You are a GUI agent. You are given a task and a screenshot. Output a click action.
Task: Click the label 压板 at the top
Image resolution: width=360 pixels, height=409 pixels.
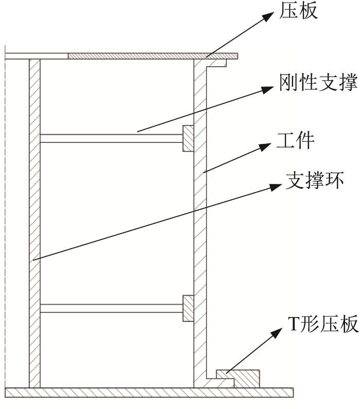[298, 10]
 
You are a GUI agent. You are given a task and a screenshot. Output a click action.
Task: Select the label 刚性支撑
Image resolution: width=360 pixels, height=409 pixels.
[318, 82]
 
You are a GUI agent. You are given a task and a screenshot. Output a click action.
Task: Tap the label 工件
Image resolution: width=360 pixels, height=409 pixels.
[295, 141]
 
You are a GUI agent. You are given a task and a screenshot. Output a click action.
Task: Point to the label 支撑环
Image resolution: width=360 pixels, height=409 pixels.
[315, 180]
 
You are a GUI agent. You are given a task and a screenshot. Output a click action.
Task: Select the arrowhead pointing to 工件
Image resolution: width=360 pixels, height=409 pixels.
[264, 146]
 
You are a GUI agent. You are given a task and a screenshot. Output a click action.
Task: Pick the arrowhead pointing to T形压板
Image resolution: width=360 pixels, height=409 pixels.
[276, 334]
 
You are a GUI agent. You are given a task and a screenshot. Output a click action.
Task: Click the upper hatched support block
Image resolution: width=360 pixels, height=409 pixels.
[188, 138]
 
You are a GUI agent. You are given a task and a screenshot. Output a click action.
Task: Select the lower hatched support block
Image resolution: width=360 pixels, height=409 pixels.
[188, 308]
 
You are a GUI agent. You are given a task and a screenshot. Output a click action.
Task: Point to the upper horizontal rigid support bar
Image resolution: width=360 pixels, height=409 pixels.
[112, 138]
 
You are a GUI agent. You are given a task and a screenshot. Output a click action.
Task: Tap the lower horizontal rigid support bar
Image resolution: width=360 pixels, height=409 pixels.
[112, 308]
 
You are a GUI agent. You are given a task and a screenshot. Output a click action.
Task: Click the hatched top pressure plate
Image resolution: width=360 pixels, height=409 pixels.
[153, 56]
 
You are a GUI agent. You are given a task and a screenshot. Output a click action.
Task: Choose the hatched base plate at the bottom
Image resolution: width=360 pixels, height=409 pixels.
[149, 393]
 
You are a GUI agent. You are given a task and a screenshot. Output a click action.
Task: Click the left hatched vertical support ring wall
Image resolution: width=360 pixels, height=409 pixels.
[35, 224]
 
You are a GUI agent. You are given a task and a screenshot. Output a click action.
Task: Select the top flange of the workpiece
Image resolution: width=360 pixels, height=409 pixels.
[216, 63]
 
